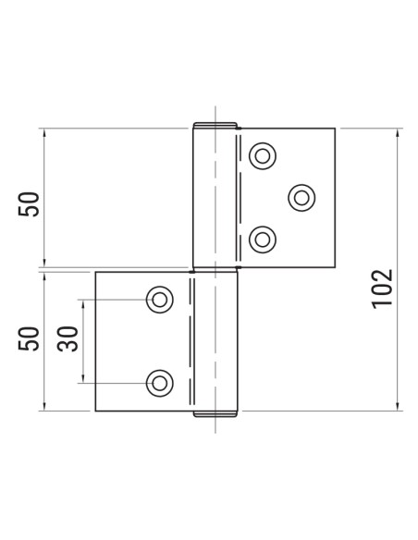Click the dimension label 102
383,288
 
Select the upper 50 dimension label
31,203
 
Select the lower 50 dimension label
31,339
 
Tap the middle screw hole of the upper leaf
301,196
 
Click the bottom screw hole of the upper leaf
264,239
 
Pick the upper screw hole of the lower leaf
159,299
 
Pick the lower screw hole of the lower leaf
159,381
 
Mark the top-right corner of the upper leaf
334,129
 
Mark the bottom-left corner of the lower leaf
96,411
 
